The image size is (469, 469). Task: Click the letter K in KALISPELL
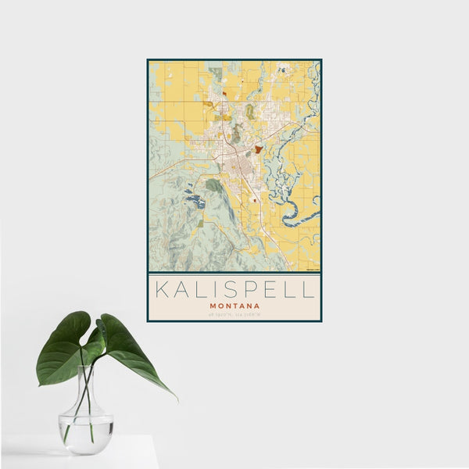coord(161,289)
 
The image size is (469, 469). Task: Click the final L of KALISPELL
coord(310,289)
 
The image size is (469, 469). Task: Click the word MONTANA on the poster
coord(234,306)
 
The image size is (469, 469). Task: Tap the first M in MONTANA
coord(213,306)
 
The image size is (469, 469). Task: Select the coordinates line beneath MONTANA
coord(234,314)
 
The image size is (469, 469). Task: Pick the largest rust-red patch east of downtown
coord(258,149)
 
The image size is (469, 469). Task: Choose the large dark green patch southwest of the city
coord(213,185)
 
